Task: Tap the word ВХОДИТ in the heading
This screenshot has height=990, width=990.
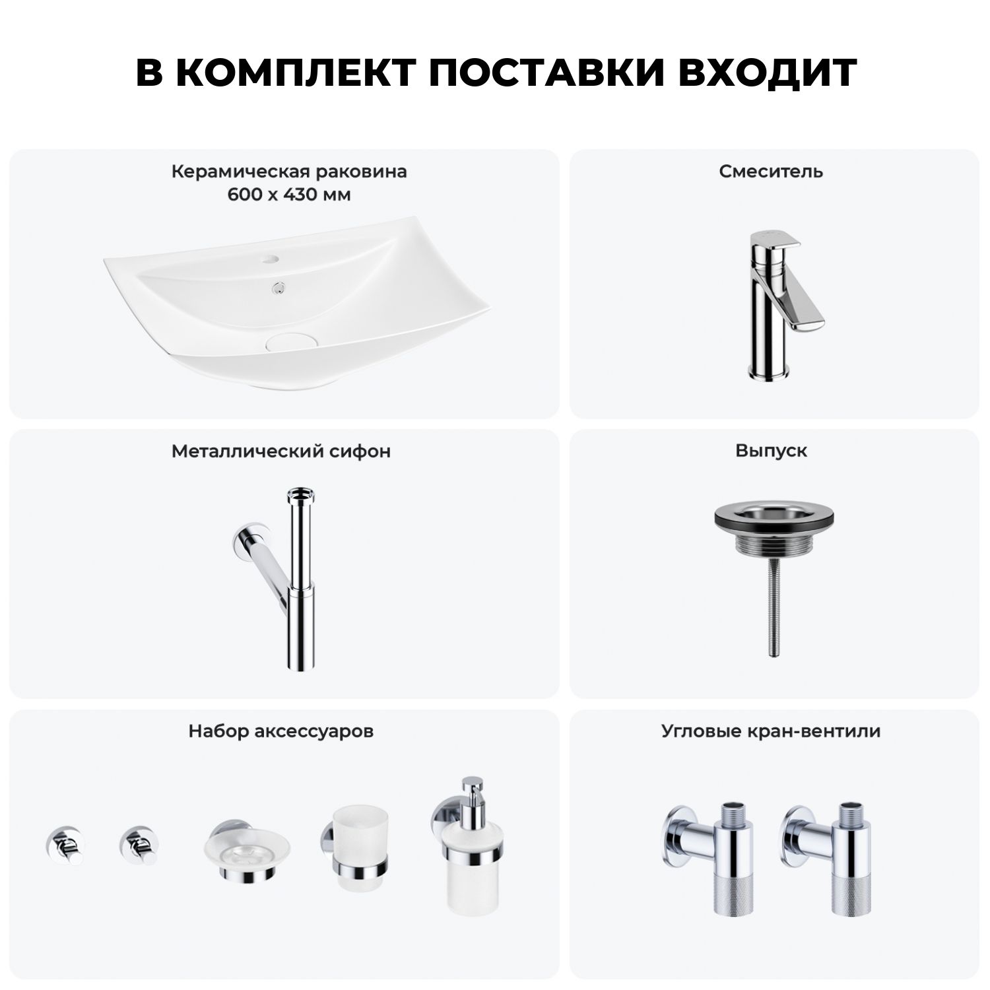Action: (768, 73)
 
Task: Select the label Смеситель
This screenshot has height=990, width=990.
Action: (771, 172)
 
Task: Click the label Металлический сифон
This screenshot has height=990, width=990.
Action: (281, 451)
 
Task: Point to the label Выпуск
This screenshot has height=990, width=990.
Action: (771, 451)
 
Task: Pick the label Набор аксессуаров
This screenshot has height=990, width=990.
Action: (281, 731)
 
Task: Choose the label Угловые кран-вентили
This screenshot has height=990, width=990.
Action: (771, 731)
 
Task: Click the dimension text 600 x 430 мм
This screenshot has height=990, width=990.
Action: (289, 195)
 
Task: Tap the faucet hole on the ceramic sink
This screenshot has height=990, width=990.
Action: (272, 259)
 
